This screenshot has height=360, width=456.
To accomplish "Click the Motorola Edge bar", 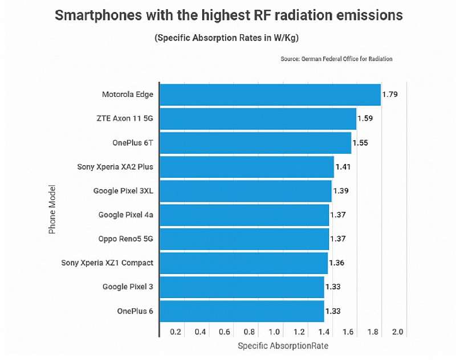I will (270, 95).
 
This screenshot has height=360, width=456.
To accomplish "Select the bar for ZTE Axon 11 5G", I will (258, 118).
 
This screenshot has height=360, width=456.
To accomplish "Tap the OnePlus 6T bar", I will (255, 143).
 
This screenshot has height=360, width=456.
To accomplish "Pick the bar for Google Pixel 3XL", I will (245, 191).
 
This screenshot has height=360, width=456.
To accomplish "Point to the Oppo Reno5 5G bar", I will (244, 239).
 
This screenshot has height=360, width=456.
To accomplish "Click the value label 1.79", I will (390, 95).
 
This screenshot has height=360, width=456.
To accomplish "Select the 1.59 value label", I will (365, 118).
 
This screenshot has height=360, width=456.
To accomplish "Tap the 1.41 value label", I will (343, 167).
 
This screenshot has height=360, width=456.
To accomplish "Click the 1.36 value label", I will (337, 263).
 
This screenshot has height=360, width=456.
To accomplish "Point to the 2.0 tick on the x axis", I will (397, 332).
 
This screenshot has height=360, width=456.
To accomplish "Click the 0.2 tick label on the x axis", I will (175, 332).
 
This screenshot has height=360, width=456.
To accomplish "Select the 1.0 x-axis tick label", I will (274, 332).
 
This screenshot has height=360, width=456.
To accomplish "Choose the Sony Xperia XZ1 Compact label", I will (108, 263).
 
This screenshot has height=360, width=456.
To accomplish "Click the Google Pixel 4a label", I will (125, 215).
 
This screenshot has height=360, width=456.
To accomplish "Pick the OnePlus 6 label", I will (135, 311).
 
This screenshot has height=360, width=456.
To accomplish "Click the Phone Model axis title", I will (52, 208).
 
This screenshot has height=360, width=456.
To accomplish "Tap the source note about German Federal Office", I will (336, 59).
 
